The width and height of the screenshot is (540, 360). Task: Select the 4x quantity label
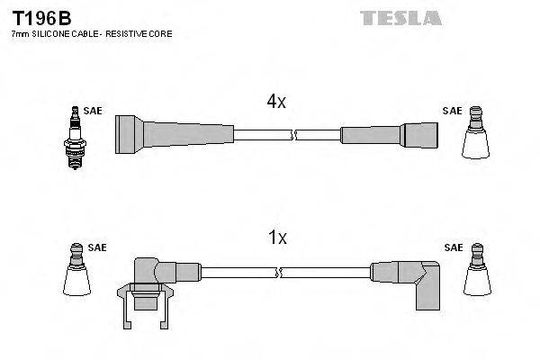pyautogui.click(x=276, y=103)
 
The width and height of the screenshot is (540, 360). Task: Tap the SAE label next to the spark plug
pyautogui.click(x=92, y=111)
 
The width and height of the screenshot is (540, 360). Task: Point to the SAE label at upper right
pyautogui.click(x=452, y=111)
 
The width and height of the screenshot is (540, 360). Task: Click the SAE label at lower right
pyautogui.click(x=454, y=247)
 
